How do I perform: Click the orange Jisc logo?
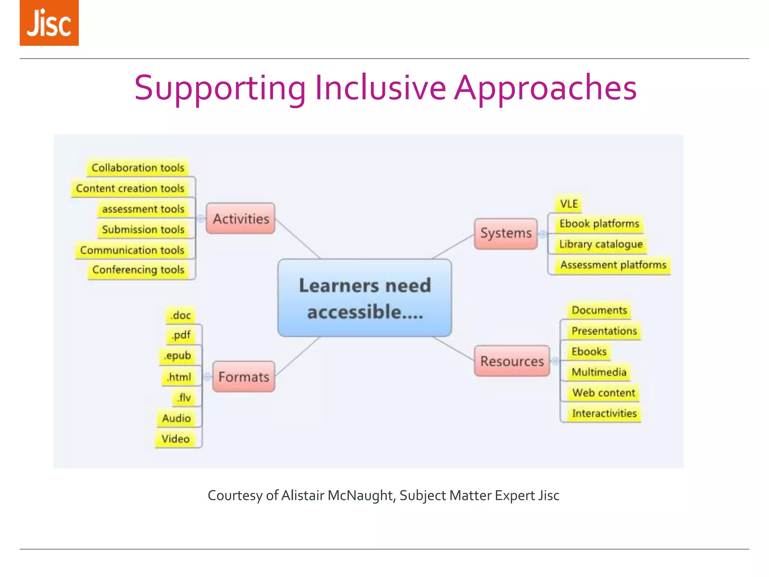pyautogui.click(x=49, y=23)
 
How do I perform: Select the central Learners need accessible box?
pyautogui.click(x=365, y=298)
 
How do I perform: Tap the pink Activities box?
pyautogui.click(x=241, y=219)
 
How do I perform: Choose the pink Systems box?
pyautogui.click(x=506, y=233)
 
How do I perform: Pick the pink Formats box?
pyautogui.click(x=244, y=377)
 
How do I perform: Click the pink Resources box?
pyautogui.click(x=512, y=361)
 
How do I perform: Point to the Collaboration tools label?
pyautogui.click(x=138, y=168)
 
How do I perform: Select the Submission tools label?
pyautogui.click(x=143, y=229)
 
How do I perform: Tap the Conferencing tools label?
pyautogui.click(x=138, y=270)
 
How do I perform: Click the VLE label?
pyautogui.click(x=568, y=204)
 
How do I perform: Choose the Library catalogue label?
pyautogui.click(x=601, y=244)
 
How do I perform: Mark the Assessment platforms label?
pyautogui.click(x=613, y=265)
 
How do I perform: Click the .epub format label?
pyautogui.click(x=178, y=355)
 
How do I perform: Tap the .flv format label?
pyautogui.click(x=184, y=397)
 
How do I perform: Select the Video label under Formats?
pyautogui.click(x=175, y=439)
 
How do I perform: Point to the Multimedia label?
pyautogui.click(x=599, y=372)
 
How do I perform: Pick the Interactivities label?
pyautogui.click(x=604, y=413)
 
